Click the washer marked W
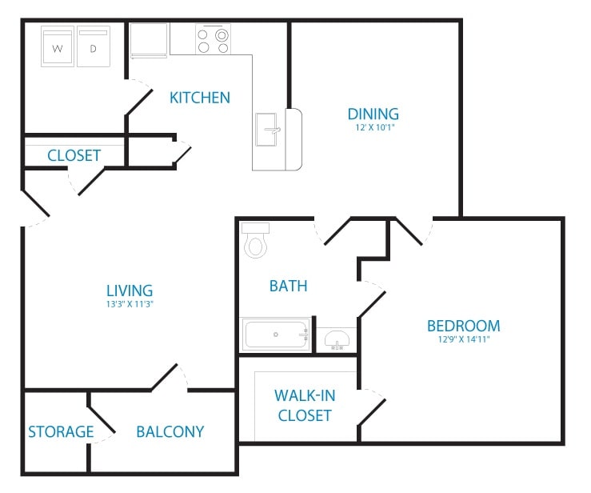tap(57, 48)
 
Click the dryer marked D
tap(92, 48)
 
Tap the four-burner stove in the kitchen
tap(213, 41)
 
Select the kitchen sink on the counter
tap(269, 130)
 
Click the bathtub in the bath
tap(277, 334)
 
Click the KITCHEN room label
tap(200, 98)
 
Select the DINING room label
tap(373, 114)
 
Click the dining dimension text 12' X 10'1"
tap(373, 127)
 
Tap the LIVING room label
tap(130, 291)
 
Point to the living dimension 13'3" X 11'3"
tap(130, 304)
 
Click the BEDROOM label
tap(463, 326)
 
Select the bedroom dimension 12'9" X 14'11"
tap(463, 339)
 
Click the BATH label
tap(288, 286)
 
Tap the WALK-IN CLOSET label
tap(304, 405)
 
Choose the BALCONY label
tap(170, 431)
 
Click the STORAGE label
tap(61, 431)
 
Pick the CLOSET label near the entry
tap(74, 154)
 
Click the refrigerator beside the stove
tap(150, 39)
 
